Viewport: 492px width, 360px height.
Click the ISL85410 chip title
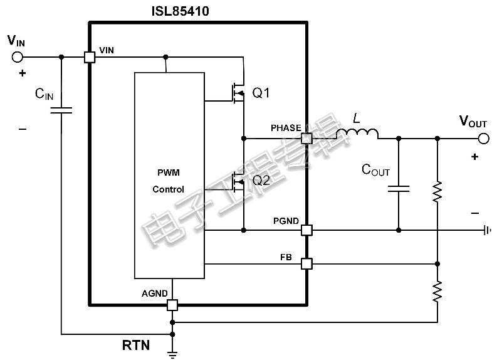[180, 11]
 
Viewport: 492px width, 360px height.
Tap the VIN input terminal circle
[18, 57]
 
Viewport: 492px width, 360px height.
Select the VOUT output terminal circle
[483, 139]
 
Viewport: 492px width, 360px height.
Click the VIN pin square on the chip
[90, 58]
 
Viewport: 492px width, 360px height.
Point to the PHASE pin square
[306, 139]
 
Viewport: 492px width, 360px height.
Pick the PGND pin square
[306, 230]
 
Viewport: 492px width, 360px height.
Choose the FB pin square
[306, 263]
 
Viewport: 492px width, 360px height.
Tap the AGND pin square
[172, 305]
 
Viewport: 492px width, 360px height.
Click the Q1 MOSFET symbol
[238, 93]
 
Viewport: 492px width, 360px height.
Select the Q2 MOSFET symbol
[238, 182]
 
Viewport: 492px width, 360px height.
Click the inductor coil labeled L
[357, 134]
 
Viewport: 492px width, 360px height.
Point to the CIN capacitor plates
[61, 110]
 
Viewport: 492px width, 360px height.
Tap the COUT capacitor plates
[399, 189]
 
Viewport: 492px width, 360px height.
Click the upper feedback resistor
[437, 191]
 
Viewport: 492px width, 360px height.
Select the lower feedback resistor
[437, 292]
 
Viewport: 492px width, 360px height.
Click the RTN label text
[136, 345]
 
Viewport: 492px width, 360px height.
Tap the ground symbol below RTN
[172, 354]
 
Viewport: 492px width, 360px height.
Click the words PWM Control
[169, 181]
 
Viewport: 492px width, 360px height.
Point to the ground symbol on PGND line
[487, 230]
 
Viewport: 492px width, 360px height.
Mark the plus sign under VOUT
[474, 157]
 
